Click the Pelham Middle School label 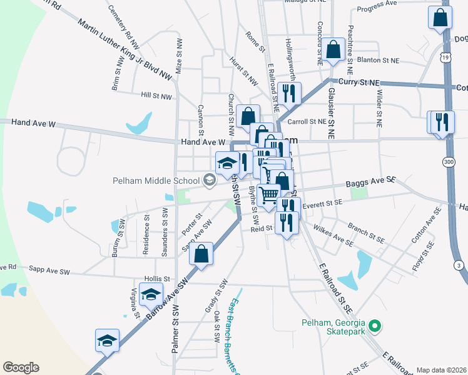(156, 181)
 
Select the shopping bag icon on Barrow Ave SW (201, 255)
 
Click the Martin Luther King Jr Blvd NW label (125, 49)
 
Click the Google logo (21, 367)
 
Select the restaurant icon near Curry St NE (289, 94)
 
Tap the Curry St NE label (359, 82)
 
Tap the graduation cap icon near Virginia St (151, 294)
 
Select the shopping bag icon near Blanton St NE (335, 49)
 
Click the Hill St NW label (156, 96)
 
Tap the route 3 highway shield (460, 266)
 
